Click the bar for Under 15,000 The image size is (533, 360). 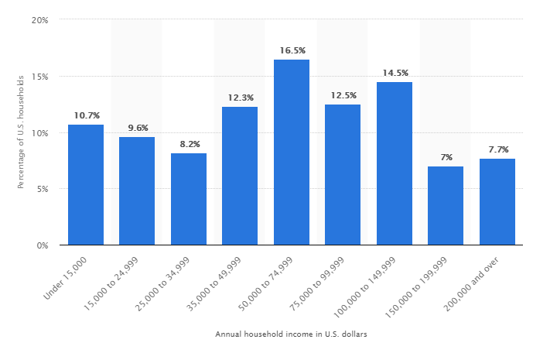pyautogui.click(x=86, y=185)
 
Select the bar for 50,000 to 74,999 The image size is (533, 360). pyautogui.click(x=292, y=153)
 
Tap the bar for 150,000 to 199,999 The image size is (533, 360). pyautogui.click(x=446, y=206)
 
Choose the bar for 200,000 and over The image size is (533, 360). pyautogui.click(x=497, y=202)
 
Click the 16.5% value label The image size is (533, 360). pyautogui.click(x=292, y=50)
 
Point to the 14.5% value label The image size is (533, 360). pyautogui.click(x=395, y=73)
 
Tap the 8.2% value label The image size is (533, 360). pyautogui.click(x=189, y=144)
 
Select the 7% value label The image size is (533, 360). pyautogui.click(x=446, y=157)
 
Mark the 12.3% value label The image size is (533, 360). pyautogui.click(x=240, y=98)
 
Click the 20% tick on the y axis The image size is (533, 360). pyautogui.click(x=40, y=20)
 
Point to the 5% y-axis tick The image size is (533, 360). pyautogui.click(x=43, y=189)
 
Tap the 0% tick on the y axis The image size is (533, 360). pyautogui.click(x=43, y=245)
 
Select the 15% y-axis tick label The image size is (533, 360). pyautogui.click(x=40, y=77)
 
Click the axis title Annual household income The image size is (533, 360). pyautogui.click(x=292, y=334)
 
